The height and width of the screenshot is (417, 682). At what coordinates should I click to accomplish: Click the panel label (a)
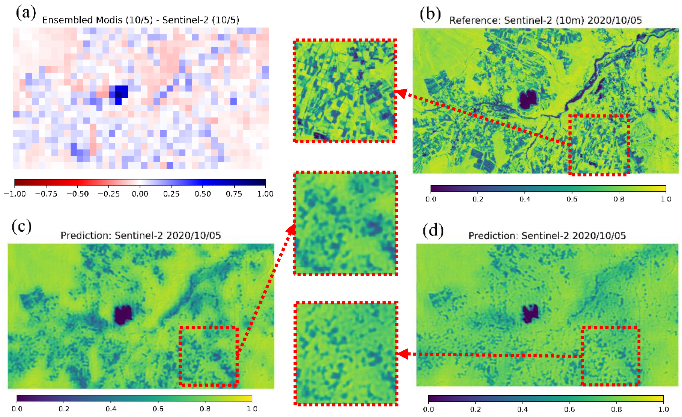[26, 13]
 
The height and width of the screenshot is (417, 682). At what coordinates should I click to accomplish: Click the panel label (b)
[430, 14]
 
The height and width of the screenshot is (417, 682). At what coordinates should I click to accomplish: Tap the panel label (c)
[22, 227]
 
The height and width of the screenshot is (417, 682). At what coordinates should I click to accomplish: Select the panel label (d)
[433, 230]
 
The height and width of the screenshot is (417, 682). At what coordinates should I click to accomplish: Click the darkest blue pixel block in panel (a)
[118, 95]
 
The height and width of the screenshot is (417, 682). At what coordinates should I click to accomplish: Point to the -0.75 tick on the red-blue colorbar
[46, 194]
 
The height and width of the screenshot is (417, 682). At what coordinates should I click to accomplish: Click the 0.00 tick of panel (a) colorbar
[140, 194]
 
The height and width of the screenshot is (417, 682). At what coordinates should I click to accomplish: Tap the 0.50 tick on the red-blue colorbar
[203, 194]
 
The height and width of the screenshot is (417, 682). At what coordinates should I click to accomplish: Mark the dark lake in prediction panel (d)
[530, 313]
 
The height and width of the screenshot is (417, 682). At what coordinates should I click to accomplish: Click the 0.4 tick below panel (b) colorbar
[525, 199]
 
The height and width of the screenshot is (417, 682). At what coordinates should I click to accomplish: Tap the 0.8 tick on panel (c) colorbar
[205, 409]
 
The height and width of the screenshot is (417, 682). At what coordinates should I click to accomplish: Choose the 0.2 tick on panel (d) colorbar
[475, 409]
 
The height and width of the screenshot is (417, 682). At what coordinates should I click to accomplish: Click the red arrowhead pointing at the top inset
[402, 93]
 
